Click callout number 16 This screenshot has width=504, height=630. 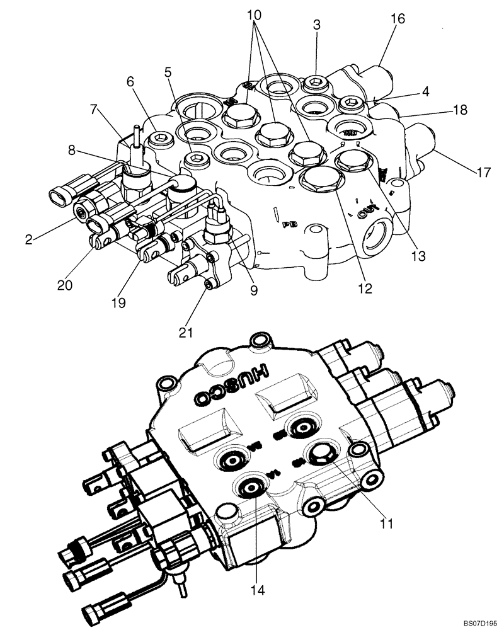[397, 20]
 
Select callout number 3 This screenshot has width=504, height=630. [317, 25]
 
